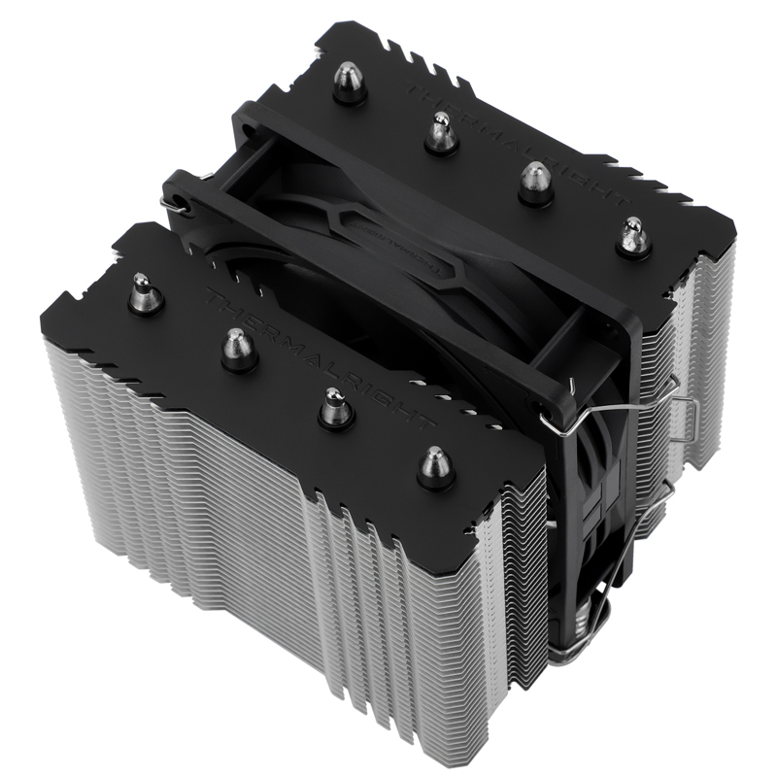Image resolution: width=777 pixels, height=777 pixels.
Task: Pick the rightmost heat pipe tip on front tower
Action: click(434, 467)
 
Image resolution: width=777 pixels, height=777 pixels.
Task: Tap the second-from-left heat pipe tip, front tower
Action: click(237, 349)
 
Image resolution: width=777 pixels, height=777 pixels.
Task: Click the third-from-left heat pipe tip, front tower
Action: click(335, 408)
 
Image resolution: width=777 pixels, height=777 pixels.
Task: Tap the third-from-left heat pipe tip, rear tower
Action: click(535, 182)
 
